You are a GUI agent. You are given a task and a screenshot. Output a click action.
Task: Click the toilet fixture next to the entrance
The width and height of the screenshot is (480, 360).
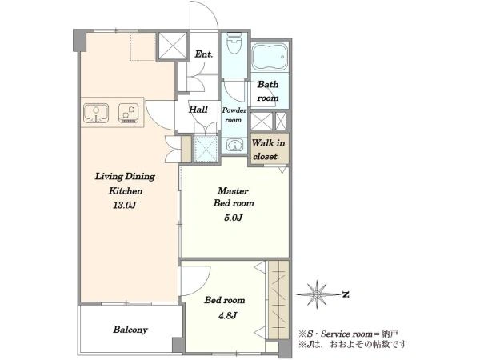(234, 43)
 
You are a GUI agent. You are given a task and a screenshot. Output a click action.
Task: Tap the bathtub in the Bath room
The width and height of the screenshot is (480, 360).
(270, 56)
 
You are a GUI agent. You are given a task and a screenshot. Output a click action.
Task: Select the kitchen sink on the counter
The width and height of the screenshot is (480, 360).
(96, 113)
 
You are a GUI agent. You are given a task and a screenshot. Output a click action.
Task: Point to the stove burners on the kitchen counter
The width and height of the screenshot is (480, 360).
(129, 114)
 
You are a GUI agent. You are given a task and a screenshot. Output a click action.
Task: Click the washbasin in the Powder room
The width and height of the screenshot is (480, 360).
(234, 145)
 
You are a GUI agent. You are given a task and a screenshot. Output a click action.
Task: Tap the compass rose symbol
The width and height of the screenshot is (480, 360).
(317, 294)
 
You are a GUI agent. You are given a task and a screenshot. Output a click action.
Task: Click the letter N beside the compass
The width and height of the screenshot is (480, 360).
(346, 294)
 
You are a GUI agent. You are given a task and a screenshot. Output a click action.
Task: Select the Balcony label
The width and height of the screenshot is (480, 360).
(130, 330)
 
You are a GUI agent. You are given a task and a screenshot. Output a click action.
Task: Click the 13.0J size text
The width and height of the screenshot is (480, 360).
(124, 205)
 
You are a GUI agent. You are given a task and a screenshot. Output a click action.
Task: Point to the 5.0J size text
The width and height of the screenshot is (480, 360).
(234, 218)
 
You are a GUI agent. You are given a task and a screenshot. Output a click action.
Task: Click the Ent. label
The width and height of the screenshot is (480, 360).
(203, 54)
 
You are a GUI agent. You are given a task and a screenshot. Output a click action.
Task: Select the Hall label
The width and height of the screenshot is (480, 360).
(198, 110)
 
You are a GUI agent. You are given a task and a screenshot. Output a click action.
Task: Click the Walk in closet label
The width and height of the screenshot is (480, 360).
(268, 150)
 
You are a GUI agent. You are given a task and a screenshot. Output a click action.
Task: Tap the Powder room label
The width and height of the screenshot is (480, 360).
(234, 115)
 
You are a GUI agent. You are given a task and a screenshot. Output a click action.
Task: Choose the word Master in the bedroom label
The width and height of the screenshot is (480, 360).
(233, 191)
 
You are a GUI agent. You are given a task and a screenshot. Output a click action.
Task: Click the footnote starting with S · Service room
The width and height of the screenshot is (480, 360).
(349, 334)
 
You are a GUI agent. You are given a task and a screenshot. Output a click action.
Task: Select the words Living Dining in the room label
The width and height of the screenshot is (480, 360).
(125, 177)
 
